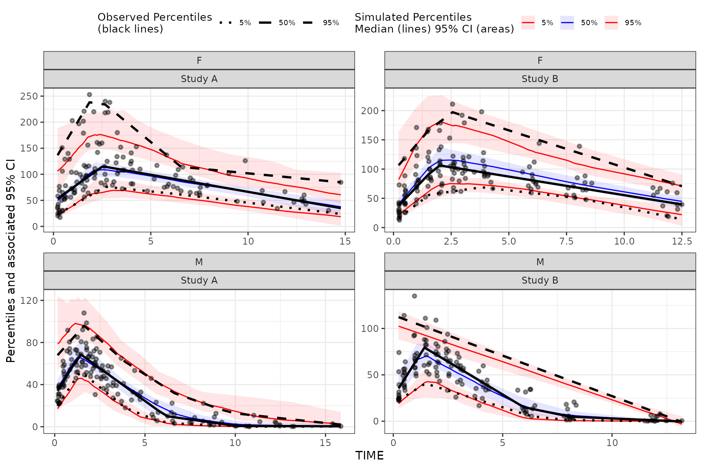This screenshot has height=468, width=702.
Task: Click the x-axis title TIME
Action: click(369, 456)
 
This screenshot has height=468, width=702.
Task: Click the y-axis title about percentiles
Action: click(11, 260)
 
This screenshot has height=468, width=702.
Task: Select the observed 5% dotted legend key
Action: click(225, 23)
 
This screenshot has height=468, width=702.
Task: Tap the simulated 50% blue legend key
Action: click(567, 23)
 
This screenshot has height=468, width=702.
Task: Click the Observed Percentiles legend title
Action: click(154, 23)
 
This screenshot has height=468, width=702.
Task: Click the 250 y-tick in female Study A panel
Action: click(30, 96)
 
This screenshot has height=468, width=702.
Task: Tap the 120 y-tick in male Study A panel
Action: click(30, 301)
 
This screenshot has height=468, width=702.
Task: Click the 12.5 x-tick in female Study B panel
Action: click(682, 241)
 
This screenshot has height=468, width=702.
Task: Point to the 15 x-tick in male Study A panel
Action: click(325, 443)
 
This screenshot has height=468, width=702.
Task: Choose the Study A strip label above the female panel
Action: click(199, 79)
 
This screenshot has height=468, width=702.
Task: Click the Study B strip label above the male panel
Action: click(540, 280)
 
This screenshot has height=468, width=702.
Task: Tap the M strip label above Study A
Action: click(199, 262)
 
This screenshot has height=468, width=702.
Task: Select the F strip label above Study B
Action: click(540, 61)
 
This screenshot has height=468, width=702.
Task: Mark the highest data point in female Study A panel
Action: click(89, 95)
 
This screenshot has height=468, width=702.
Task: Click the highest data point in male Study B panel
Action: click(414, 296)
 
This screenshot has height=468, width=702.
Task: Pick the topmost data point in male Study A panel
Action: click(84, 313)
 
